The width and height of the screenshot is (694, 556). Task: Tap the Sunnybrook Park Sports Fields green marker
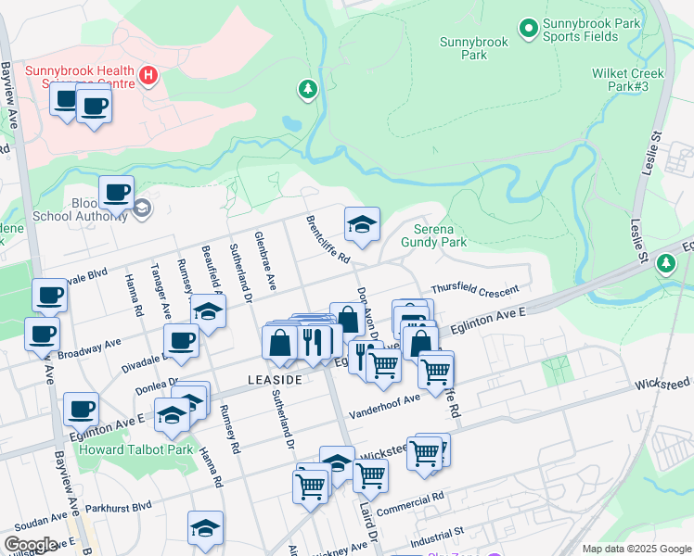tap(528, 30)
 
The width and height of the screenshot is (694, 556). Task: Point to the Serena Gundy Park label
tap(433, 235)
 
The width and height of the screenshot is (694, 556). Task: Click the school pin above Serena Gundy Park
tap(362, 223)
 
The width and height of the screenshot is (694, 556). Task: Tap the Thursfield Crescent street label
tap(474, 291)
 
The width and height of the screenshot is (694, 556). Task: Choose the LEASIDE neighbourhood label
tap(275, 381)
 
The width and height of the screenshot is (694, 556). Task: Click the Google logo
tap(31, 545)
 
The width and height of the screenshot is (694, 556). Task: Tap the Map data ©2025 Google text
tap(636, 549)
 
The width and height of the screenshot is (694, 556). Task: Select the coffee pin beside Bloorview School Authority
tap(116, 193)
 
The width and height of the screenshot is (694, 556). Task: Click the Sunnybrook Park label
tap(474, 48)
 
